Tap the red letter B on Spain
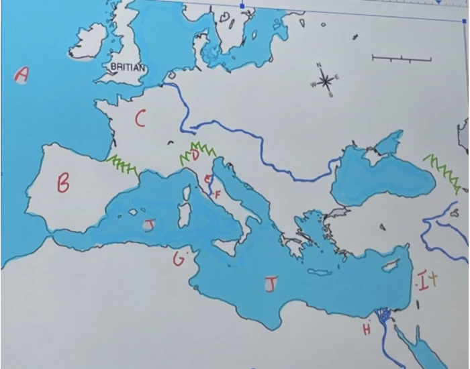(63, 182)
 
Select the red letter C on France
(140, 119)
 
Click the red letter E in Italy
(208, 178)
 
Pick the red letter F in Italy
(218, 194)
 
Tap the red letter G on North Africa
(178, 259)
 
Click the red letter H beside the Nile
(367, 329)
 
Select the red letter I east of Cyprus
(422, 282)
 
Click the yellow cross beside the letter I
(433, 278)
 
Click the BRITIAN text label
(127, 68)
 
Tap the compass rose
(326, 82)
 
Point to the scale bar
(401, 60)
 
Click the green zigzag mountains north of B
(123, 164)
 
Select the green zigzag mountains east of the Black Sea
(442, 170)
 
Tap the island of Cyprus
(391, 266)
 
